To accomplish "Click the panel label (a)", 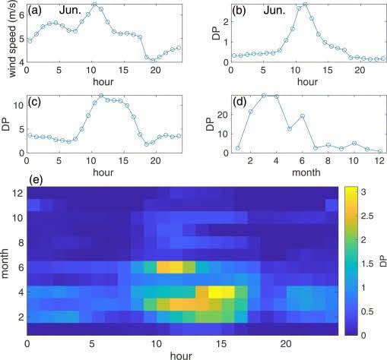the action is [x=35, y=11].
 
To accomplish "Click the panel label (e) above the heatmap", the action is [x=36, y=180].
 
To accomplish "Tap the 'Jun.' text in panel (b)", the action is [x=274, y=11].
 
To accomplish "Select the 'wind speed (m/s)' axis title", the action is [x=13, y=39].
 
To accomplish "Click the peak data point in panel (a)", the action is [x=94, y=4].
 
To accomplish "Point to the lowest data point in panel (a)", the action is [x=153, y=61].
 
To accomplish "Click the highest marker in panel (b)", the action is [x=305, y=5].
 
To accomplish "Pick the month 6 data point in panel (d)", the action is [x=303, y=116].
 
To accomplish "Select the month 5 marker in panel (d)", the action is [x=290, y=128].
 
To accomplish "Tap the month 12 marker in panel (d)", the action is [x=380, y=151].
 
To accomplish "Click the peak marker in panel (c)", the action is [x=101, y=96].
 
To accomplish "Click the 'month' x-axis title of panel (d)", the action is [x=306, y=172].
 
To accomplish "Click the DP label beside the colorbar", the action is [x=382, y=261].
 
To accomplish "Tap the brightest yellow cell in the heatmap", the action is [x=221, y=292].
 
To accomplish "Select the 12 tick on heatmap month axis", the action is [x=18, y=193].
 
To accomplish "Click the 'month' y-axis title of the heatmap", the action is [x=5, y=264].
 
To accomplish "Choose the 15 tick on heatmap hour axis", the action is [x=221, y=344].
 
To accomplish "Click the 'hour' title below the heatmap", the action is [x=181, y=355].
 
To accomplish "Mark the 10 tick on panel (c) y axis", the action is [x=18, y=105].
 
